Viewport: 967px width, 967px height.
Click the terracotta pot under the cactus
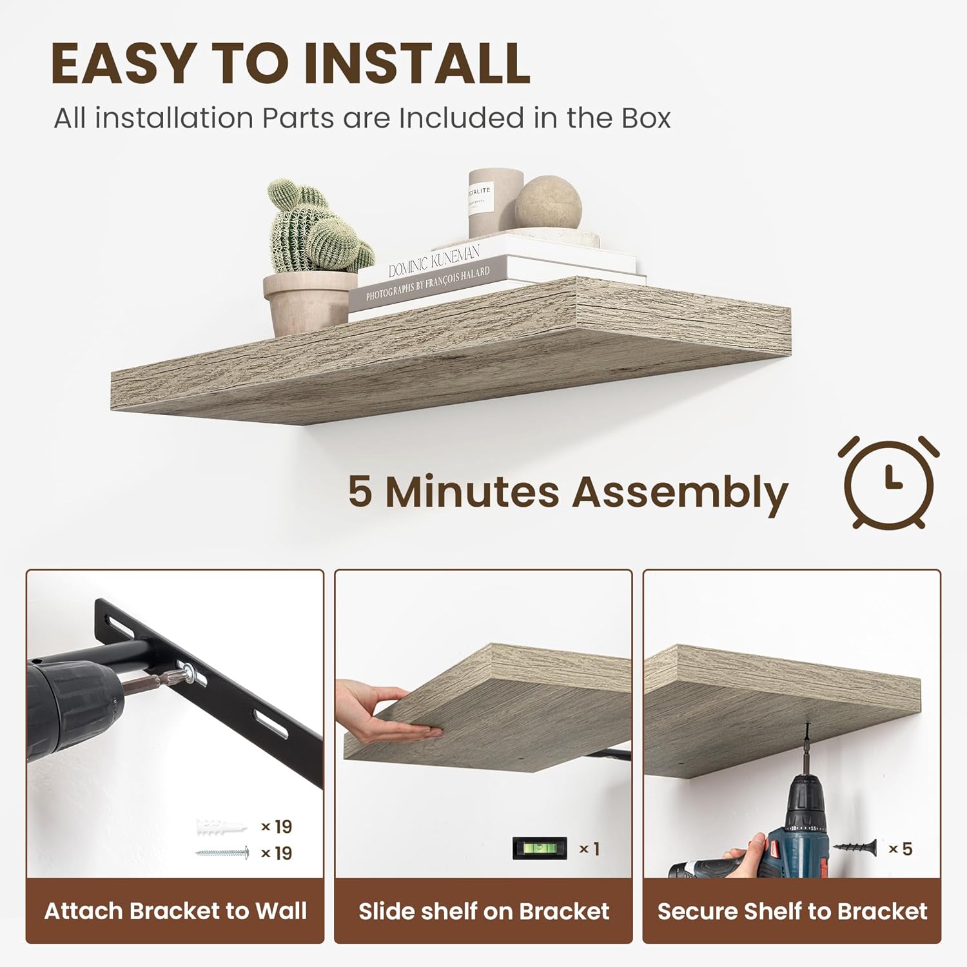click(309, 303)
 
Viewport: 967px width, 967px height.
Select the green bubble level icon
click(540, 848)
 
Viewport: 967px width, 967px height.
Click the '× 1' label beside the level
click(589, 848)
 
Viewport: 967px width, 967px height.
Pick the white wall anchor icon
click(221, 826)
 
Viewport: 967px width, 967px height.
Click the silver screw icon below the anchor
click(222, 853)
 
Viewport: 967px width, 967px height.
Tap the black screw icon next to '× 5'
click(855, 848)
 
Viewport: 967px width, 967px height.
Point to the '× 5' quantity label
click(901, 848)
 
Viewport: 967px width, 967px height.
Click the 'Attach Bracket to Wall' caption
click(175, 911)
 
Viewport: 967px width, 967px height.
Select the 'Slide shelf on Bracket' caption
click(484, 911)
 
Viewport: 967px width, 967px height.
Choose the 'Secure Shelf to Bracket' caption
click(792, 911)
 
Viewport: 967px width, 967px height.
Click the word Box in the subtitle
click(646, 118)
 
